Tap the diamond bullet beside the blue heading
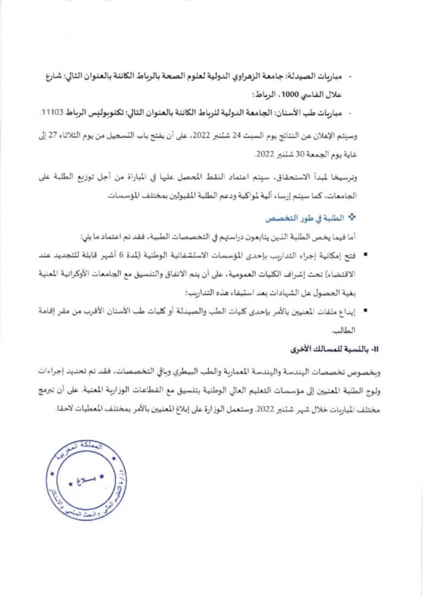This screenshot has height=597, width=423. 349,218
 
